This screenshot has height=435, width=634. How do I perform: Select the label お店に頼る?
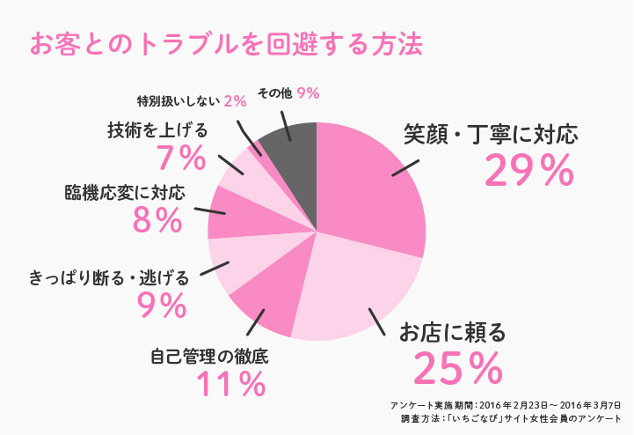coord(453,333)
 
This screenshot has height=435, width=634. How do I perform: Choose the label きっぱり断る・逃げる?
coord(108,278)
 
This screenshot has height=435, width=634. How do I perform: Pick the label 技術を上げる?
coord(157,130)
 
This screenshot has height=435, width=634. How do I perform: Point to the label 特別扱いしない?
coord(179,100)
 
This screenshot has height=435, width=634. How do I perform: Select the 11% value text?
coord(231,384)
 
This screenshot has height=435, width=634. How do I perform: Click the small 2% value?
coord(235,100)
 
